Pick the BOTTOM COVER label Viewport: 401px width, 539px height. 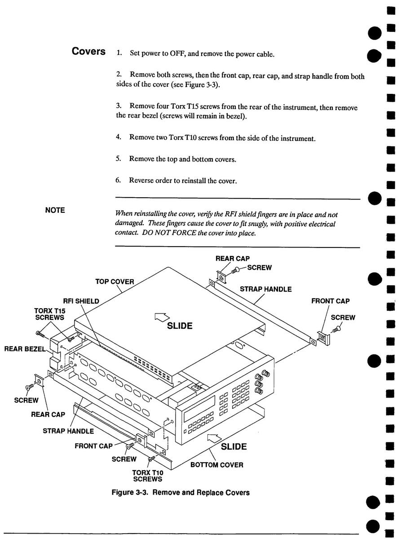(x=217, y=465)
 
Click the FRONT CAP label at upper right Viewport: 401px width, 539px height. (x=330, y=301)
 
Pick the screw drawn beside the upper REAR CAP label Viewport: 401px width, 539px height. (x=235, y=270)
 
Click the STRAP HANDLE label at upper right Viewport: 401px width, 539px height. (x=265, y=289)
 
